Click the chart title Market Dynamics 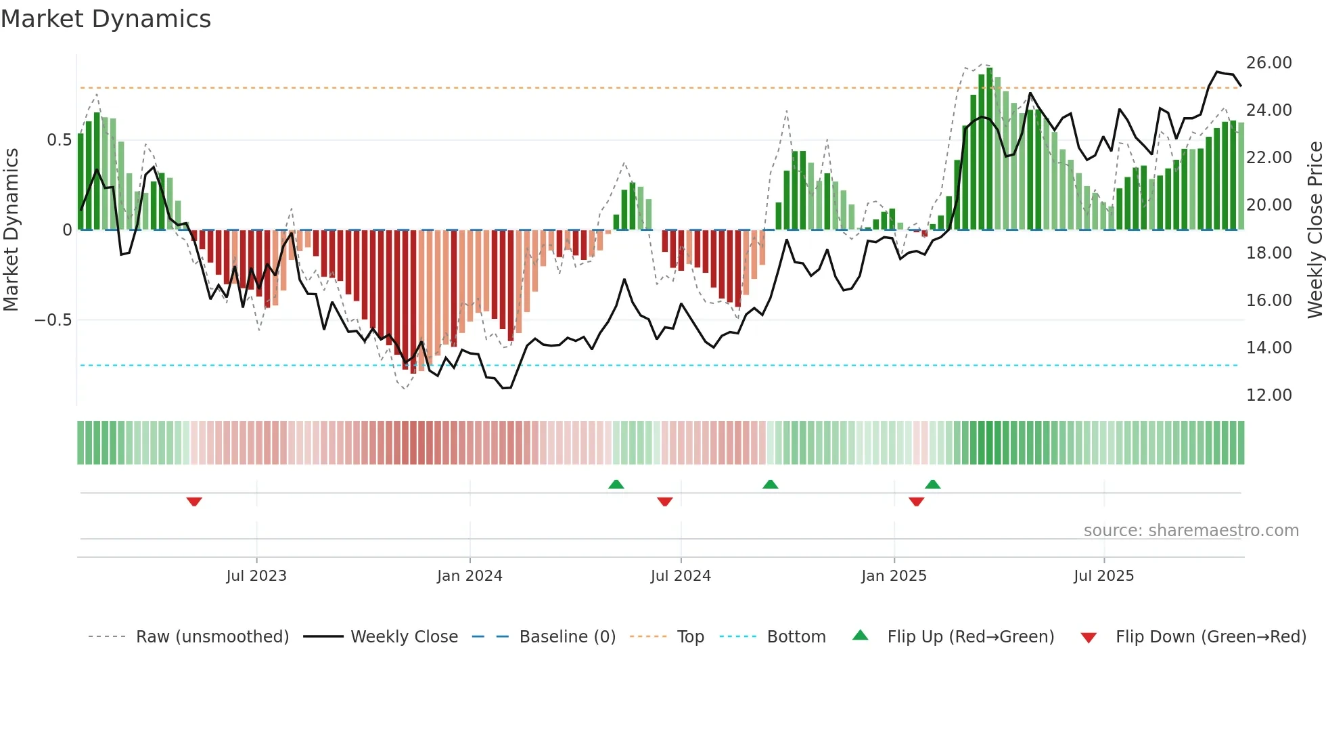[106, 19]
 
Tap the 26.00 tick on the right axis [1268, 63]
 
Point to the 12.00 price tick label [1268, 395]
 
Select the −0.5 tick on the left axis [53, 320]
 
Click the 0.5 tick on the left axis [59, 140]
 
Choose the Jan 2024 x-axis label [470, 576]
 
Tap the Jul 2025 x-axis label [1103, 576]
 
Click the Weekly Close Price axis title [1314, 230]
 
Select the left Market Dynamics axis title [11, 230]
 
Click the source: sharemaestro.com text [1191, 531]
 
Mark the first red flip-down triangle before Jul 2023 [194, 502]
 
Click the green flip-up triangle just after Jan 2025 [932, 484]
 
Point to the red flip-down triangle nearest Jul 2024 [664, 502]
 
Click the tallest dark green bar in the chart [990, 149]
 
